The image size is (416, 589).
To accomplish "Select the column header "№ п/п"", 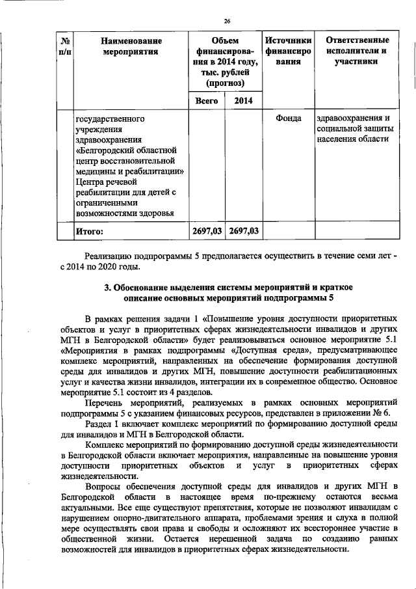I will point(64,46).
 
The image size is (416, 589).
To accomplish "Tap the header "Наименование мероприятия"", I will point(131,46).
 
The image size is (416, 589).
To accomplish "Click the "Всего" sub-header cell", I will point(206,101).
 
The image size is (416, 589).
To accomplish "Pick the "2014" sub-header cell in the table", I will point(243,101).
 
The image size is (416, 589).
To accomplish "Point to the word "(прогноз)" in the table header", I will point(225,83).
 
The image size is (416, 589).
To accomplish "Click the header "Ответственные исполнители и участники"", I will point(353,52).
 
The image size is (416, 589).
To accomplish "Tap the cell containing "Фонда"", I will point(287,119).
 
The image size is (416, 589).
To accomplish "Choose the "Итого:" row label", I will point(90,230).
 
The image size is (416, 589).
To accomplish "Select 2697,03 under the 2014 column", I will point(244,230).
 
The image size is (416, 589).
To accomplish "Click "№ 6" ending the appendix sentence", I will point(383,413).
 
